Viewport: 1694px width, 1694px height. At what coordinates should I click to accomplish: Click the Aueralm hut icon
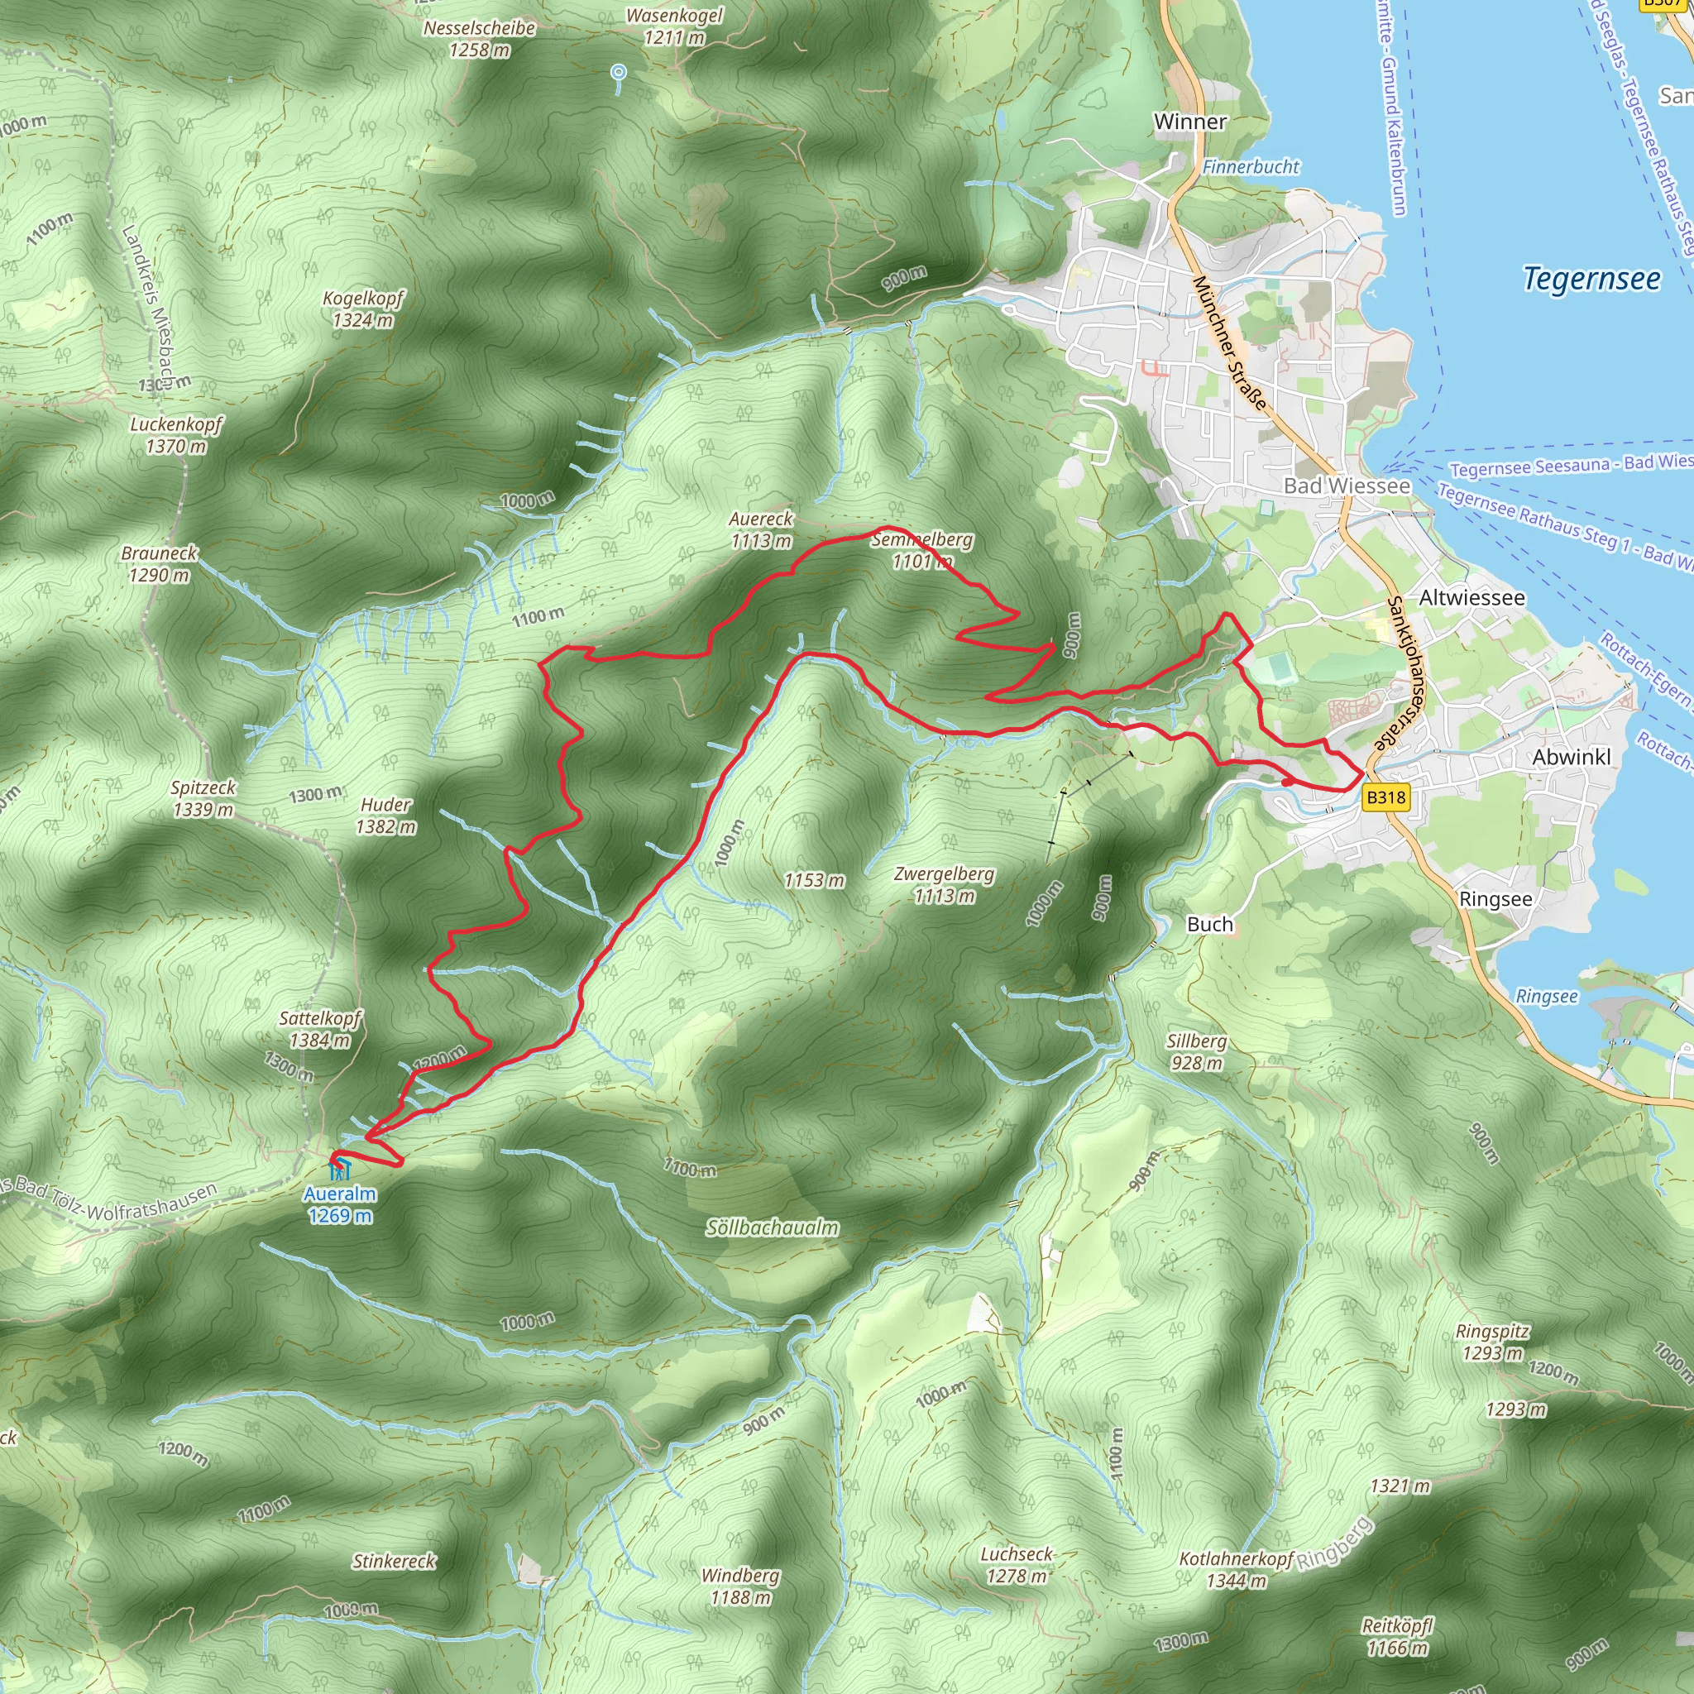point(340,1170)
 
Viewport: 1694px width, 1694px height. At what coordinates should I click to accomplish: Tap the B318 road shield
point(1385,797)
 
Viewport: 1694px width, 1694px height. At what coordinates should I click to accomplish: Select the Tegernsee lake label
point(1591,279)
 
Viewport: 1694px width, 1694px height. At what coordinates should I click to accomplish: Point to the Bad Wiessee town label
point(1347,486)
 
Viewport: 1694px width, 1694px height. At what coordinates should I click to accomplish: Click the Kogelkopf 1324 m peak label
point(363,309)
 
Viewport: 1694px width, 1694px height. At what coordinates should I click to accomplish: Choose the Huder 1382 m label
point(385,816)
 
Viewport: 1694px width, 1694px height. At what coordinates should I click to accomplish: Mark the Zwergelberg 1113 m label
point(944,885)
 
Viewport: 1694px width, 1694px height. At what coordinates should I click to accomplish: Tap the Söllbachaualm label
point(772,1228)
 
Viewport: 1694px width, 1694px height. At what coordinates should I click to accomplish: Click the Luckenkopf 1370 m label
point(176,435)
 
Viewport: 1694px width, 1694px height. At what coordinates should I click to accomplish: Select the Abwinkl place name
point(1572,758)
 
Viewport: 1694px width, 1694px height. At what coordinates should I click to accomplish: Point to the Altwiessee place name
point(1471,598)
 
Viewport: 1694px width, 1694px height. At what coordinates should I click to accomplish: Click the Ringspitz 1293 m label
point(1492,1342)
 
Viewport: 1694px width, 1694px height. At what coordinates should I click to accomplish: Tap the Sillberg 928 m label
point(1196,1051)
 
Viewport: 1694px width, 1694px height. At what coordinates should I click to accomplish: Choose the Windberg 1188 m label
point(740,1586)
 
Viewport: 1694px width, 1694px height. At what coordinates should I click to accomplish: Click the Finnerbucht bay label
point(1251,166)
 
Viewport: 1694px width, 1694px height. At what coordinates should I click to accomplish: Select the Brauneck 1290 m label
point(160,564)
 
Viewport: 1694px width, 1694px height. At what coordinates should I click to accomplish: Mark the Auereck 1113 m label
point(761,529)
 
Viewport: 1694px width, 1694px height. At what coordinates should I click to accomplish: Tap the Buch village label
point(1209,924)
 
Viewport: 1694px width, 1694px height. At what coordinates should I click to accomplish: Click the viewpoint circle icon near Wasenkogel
point(619,72)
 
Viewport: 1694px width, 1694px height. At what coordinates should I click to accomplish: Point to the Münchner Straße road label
point(1230,342)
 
